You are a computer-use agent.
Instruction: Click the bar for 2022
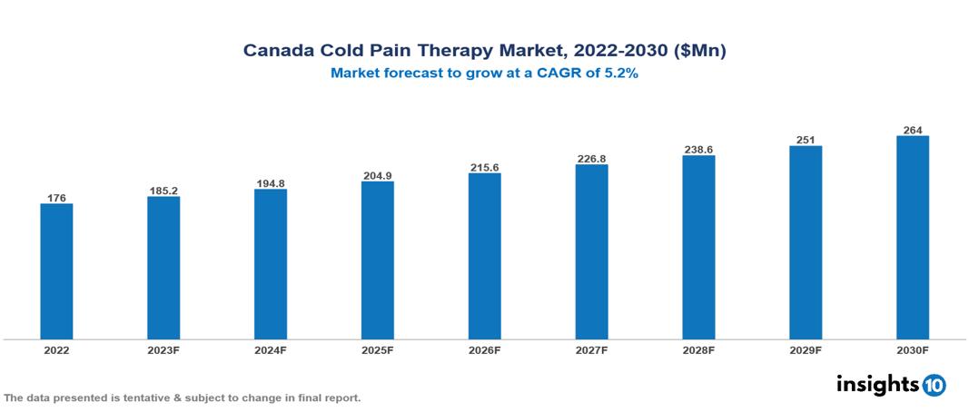pyautogui.click(x=56, y=271)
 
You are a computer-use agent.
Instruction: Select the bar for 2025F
pyautogui.click(x=377, y=260)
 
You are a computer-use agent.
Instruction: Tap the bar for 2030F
pyautogui.click(x=912, y=238)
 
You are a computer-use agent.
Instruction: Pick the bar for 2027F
pyautogui.click(x=591, y=252)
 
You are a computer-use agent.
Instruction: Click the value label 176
pyautogui.click(x=56, y=198)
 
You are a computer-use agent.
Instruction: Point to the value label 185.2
pyautogui.click(x=163, y=191)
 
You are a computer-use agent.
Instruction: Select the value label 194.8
pyautogui.click(x=271, y=183)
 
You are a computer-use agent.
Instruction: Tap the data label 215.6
pyautogui.click(x=484, y=168)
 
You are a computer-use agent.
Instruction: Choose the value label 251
pyautogui.click(x=806, y=140)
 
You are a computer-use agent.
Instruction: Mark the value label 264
pyautogui.click(x=912, y=130)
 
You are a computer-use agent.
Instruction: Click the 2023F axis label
pyautogui.click(x=163, y=350)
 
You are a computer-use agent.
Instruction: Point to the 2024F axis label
pyautogui.click(x=271, y=350)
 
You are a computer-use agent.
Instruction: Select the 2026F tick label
pyautogui.click(x=484, y=350)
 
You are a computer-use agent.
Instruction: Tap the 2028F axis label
pyautogui.click(x=698, y=350)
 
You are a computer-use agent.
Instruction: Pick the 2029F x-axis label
pyautogui.click(x=806, y=350)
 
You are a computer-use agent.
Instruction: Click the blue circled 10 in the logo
pyautogui.click(x=934, y=385)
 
